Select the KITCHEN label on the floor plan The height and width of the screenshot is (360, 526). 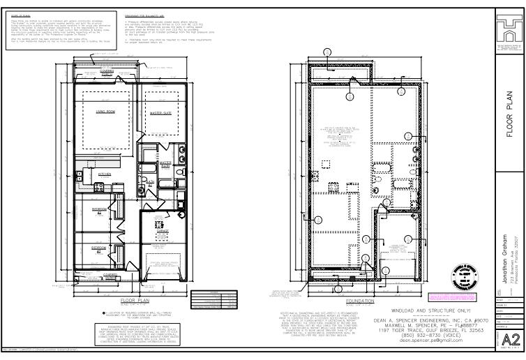104,174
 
